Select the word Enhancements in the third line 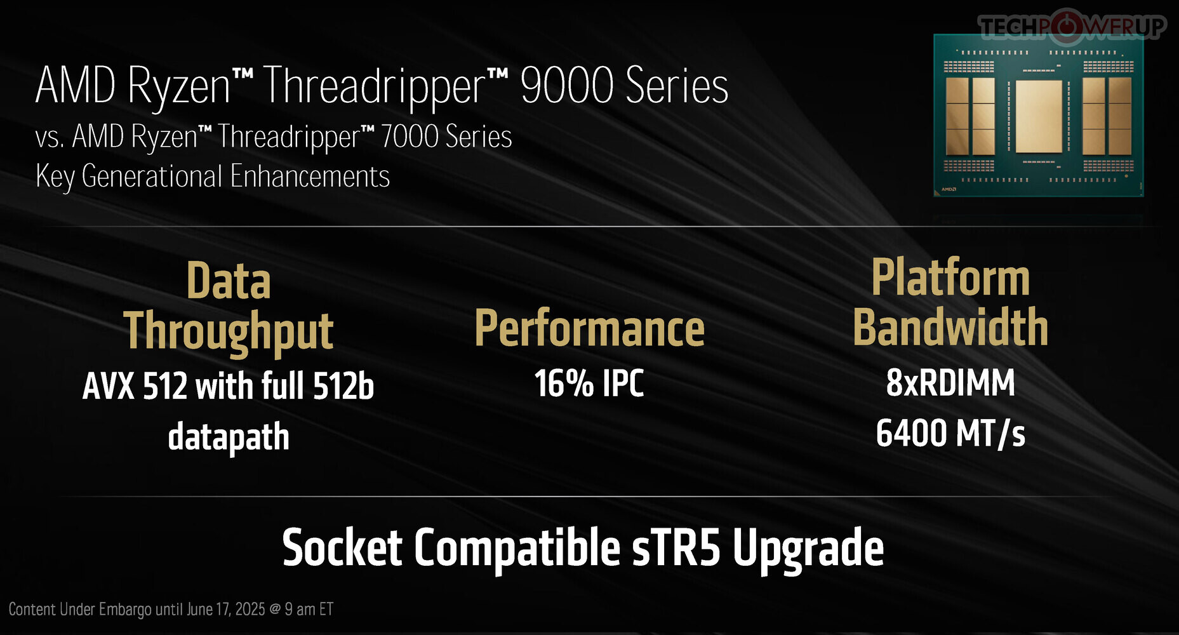click(x=310, y=176)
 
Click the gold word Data click(x=229, y=281)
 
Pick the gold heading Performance click(x=590, y=328)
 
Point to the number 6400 click(x=911, y=433)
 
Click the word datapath click(x=229, y=437)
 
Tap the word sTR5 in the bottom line click(x=676, y=547)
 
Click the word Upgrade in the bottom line click(x=808, y=550)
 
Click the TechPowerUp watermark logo click(x=1072, y=26)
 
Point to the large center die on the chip click(x=1039, y=116)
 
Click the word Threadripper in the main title click(x=375, y=87)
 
